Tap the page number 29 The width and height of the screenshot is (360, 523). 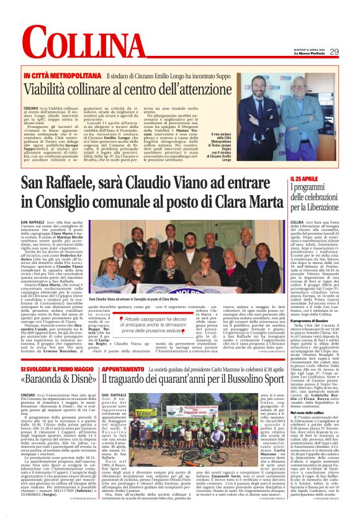pos(351,52)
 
